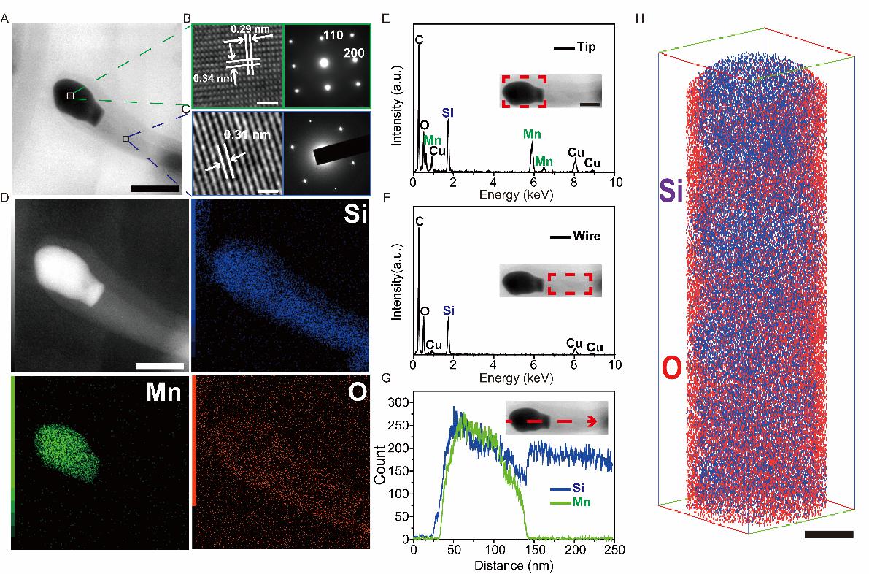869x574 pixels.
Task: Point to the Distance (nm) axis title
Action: pyautogui.click(x=514, y=564)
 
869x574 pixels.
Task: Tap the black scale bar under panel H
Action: pyautogui.click(x=829, y=535)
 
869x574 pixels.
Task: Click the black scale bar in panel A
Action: pyautogui.click(x=155, y=189)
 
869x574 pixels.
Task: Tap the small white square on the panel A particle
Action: pyautogui.click(x=70, y=96)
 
